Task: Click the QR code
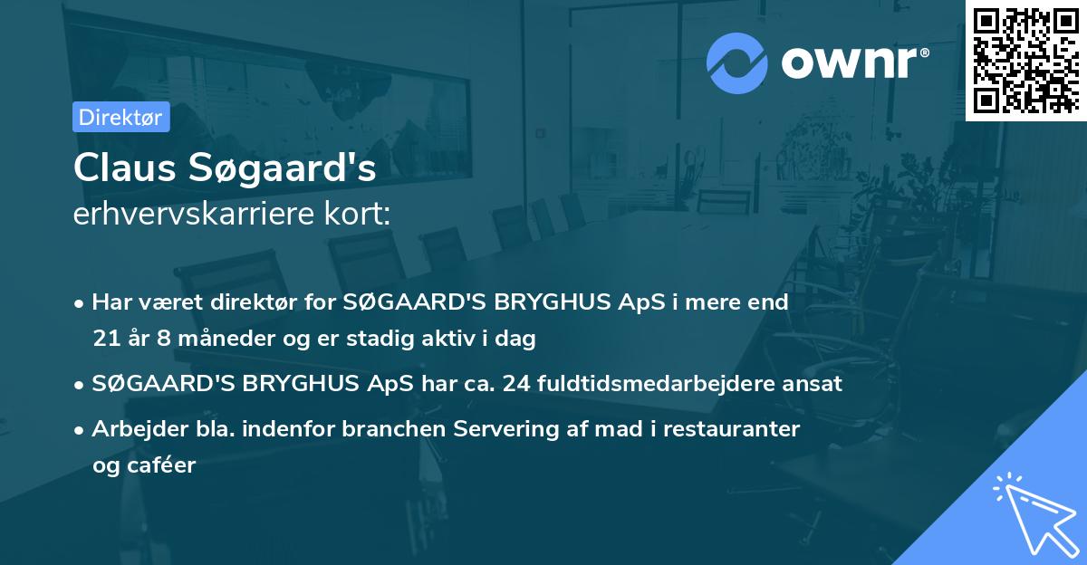coord(1026,61)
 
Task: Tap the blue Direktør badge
coord(120,117)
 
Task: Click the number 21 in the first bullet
coord(104,340)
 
